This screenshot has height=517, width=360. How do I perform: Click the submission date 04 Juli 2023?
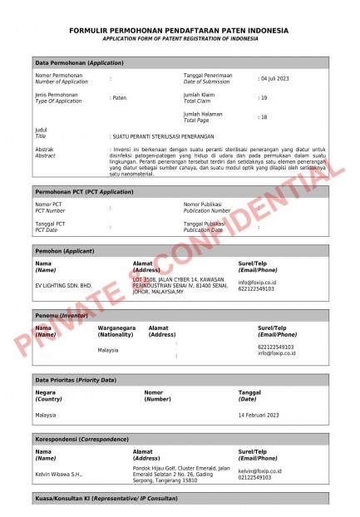pyautogui.click(x=275, y=78)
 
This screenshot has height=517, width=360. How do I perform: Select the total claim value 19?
pyautogui.click(x=264, y=98)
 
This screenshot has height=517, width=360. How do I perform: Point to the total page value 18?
pyautogui.click(x=264, y=117)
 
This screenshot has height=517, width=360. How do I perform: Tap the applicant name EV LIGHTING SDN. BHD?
pyautogui.click(x=63, y=284)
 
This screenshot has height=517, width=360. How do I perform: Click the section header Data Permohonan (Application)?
pyautogui.click(x=79, y=62)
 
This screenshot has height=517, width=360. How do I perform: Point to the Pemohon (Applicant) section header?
pyautogui.click(x=65, y=250)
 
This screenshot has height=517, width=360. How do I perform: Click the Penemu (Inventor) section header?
pyautogui.click(x=62, y=316)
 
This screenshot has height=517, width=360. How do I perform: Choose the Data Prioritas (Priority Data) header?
pyautogui.click(x=76, y=380)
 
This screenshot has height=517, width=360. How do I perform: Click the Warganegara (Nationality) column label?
pyautogui.click(x=116, y=331)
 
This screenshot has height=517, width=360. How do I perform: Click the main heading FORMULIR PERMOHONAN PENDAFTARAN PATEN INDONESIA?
pyautogui.click(x=180, y=31)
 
